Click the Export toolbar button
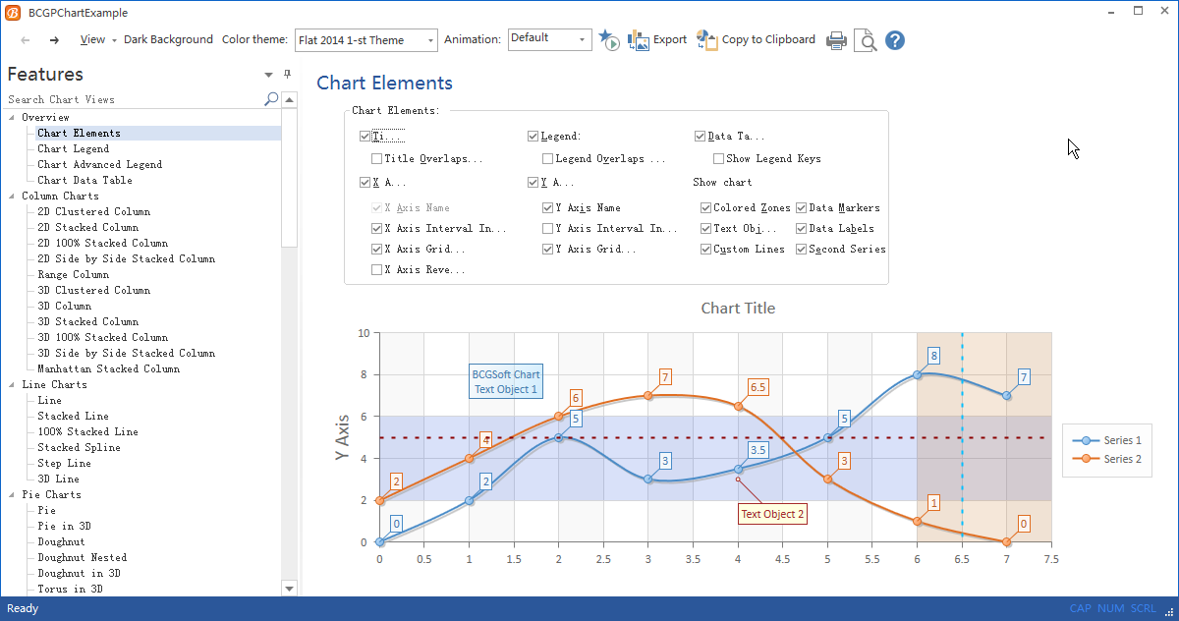(657, 40)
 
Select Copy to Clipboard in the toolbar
(756, 40)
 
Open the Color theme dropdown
(365, 40)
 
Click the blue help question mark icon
(894, 40)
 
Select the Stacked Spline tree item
(79, 447)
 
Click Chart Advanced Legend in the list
(99, 164)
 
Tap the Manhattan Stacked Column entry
(108, 368)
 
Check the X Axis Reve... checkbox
(377, 269)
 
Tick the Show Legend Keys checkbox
(718, 158)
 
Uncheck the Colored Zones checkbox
(705, 207)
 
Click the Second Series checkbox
(801, 249)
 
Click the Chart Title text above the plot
(738, 309)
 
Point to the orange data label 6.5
(758, 387)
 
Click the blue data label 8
(933, 356)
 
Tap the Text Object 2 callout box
(772, 514)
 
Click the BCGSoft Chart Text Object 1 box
(506, 381)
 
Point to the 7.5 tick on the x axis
(1051, 559)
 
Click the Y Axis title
(342, 438)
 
